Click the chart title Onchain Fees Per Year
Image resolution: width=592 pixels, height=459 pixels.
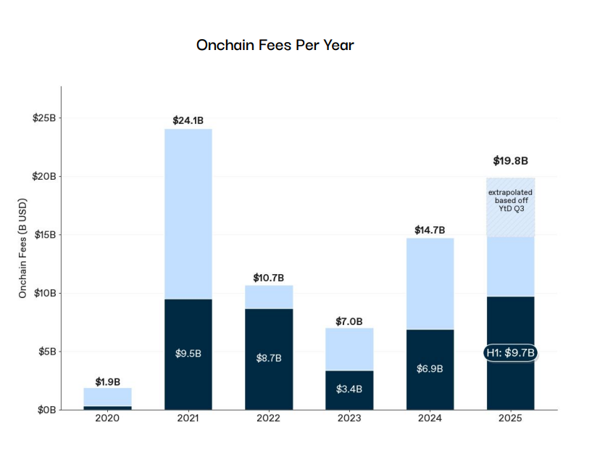tap(275, 45)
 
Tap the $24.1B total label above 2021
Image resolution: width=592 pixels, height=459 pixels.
tap(188, 120)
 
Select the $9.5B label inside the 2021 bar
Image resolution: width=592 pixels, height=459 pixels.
tap(188, 354)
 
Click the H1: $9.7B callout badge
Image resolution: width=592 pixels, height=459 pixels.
tap(510, 353)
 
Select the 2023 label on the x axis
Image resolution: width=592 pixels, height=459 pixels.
tap(349, 418)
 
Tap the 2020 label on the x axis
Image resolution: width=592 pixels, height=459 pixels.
tap(107, 418)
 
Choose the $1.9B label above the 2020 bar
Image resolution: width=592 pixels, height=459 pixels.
tap(107, 381)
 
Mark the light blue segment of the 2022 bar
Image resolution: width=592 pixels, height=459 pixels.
tap(268, 297)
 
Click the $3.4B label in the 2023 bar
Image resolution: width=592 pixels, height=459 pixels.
tap(349, 389)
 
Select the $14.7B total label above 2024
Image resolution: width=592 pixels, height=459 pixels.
tap(430, 230)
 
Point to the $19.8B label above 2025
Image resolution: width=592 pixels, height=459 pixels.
tap(510, 161)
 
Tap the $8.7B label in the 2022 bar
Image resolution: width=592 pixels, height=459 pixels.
tap(268, 358)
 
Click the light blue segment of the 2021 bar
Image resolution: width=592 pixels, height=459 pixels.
tap(188, 214)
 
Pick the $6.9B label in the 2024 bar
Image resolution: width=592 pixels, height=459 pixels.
tap(430, 369)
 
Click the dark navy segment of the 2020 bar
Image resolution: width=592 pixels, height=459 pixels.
tap(107, 408)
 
